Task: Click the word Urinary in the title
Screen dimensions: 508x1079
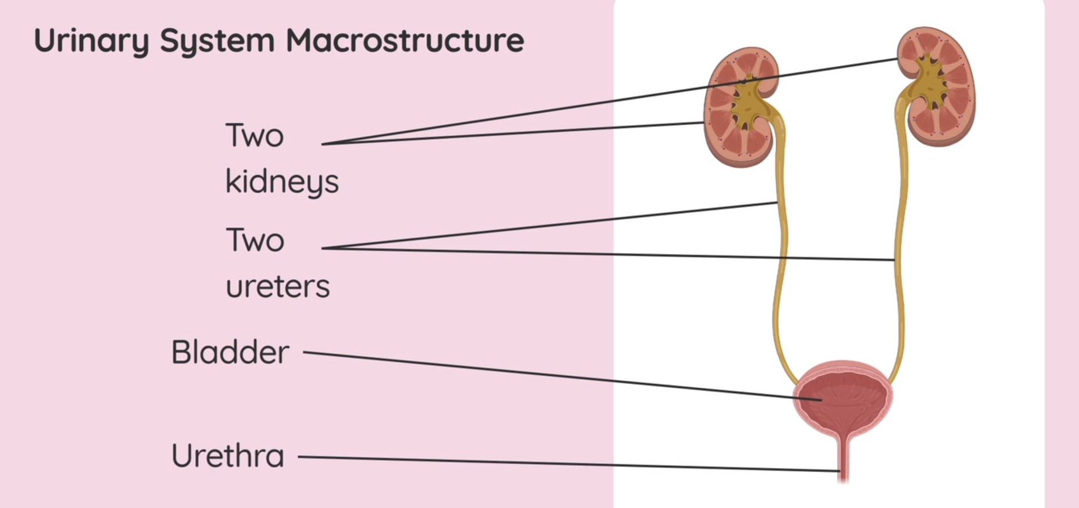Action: tap(91, 41)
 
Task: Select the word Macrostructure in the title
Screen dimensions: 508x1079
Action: tap(405, 40)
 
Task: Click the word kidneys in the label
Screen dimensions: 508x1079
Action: tap(282, 182)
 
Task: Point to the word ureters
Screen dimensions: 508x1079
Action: tap(278, 287)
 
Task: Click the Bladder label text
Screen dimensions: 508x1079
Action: tap(230, 352)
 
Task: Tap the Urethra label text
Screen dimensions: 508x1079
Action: tap(228, 456)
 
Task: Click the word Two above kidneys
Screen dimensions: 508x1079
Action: tap(255, 136)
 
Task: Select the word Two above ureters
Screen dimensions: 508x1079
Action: tap(255, 240)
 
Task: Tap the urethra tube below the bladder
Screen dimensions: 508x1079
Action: tap(844, 460)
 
